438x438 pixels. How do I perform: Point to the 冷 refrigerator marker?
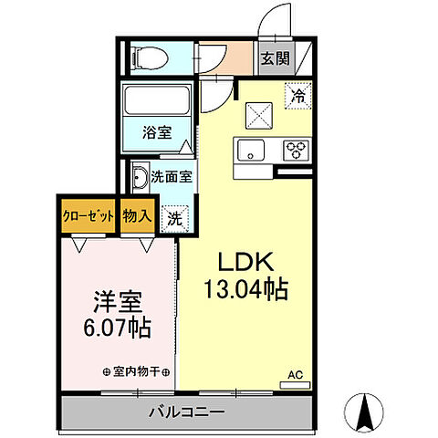point(297,94)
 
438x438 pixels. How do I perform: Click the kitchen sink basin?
point(249,149)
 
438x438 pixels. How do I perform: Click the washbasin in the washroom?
point(139,178)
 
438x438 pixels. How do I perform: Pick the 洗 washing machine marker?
point(172,218)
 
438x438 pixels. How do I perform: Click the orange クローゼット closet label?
point(89,216)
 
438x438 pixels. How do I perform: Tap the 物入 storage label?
point(137,216)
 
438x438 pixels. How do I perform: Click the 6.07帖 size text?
point(119,326)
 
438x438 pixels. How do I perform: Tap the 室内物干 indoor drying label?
point(132,372)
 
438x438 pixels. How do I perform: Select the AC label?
point(295,374)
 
